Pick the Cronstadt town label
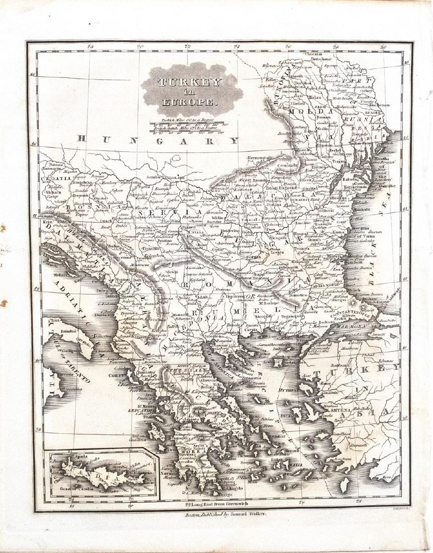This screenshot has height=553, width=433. pyautogui.click(x=290, y=164)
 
